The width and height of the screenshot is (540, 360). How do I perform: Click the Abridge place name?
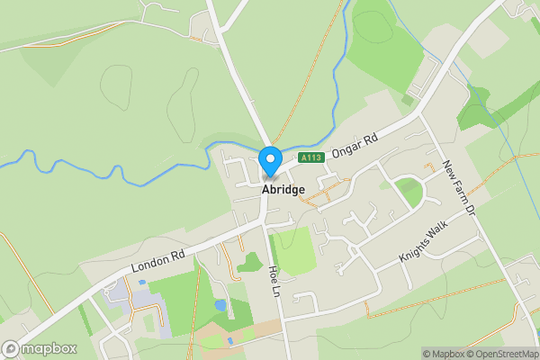[x=283, y=190]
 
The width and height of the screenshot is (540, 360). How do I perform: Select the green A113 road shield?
[x=311, y=157]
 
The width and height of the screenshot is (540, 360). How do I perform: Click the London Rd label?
[x=158, y=260]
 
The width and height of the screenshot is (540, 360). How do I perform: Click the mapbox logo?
[x=40, y=349]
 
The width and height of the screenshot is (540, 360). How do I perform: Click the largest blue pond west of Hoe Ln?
[x=220, y=305]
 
